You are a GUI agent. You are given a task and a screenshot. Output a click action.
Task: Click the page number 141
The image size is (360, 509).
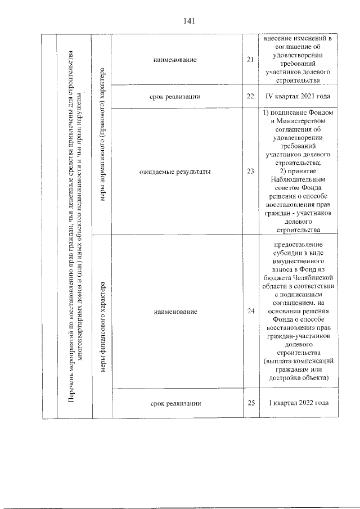point(188,21)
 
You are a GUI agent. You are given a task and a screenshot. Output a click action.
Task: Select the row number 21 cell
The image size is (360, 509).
point(250,60)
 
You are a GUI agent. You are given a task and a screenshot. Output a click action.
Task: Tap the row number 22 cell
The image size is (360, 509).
point(250,97)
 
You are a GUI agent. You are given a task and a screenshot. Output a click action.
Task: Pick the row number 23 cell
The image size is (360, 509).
point(250,172)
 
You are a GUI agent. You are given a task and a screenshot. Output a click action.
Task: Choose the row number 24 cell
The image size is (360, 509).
point(250,312)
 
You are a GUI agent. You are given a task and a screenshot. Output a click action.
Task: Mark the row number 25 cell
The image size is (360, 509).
point(250,403)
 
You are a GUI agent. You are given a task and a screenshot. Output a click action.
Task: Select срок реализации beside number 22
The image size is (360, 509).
point(175,97)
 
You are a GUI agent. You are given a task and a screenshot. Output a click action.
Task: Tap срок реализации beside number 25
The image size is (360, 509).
point(175,403)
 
